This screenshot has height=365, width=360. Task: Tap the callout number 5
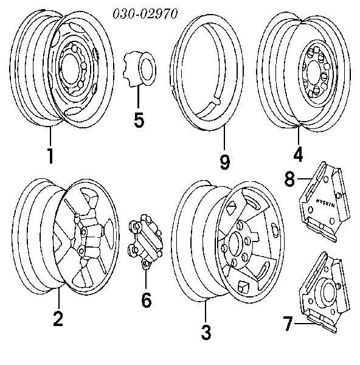139,120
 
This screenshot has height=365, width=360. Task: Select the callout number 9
224,161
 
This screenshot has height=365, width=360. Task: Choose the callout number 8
290,179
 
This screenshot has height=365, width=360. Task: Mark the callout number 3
206,332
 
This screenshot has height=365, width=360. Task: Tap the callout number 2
58,319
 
